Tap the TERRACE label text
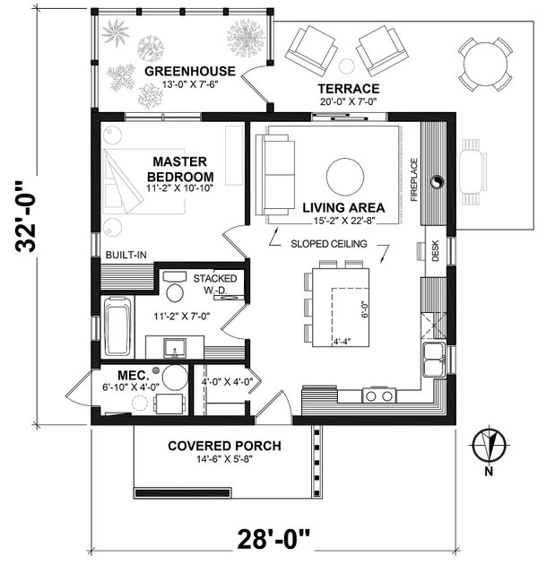[x=349, y=89]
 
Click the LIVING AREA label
[x=338, y=206]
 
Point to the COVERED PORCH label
[x=224, y=446]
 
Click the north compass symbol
[x=488, y=445]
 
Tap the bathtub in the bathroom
[x=117, y=319]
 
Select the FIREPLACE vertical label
[x=414, y=180]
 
